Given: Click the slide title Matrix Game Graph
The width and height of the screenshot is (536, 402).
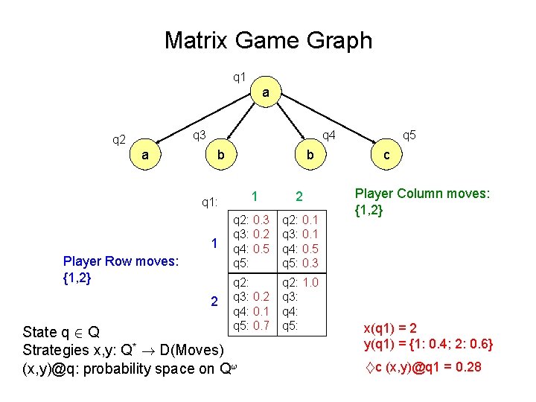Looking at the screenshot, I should coord(268,39).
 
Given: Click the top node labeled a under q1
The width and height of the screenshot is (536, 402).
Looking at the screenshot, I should coord(266,93).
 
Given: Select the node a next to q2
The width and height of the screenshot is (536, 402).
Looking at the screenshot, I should coord(146,154).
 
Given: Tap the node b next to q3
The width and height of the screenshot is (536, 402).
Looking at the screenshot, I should coord(220,154).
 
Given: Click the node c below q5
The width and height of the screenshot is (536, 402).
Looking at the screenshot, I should coord(386,154).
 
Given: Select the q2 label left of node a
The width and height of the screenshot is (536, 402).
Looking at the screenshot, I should coord(119,138).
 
